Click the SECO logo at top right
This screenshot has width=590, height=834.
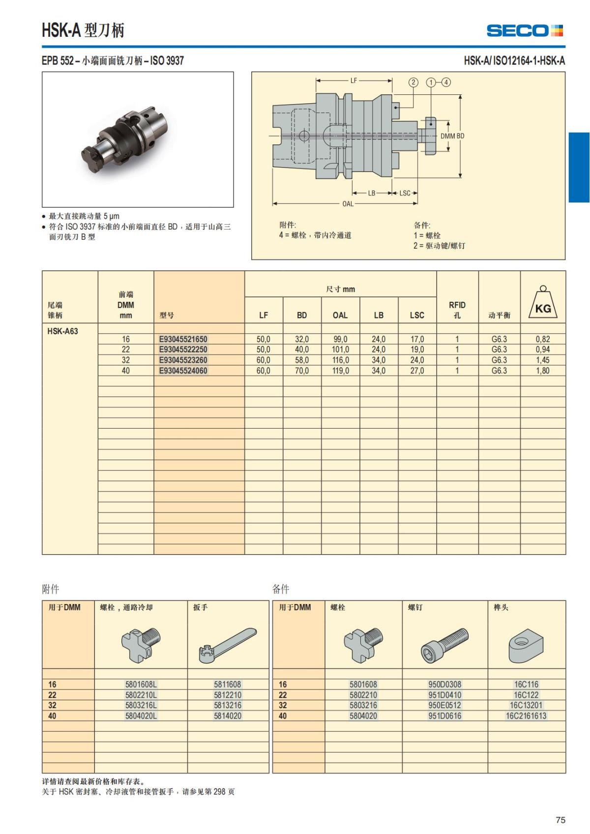click(x=524, y=30)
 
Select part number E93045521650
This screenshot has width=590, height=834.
click(x=183, y=339)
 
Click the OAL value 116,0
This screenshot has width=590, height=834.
click(x=340, y=360)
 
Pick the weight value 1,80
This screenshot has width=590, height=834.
click(x=543, y=371)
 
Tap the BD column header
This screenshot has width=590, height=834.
click(x=302, y=315)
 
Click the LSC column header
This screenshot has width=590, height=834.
click(x=417, y=315)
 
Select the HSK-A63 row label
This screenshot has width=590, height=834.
click(x=62, y=331)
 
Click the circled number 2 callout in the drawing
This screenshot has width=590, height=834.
click(x=413, y=83)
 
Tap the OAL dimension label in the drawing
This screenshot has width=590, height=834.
click(x=348, y=203)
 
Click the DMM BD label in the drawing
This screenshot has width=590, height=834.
click(x=452, y=136)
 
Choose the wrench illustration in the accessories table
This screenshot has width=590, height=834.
click(x=227, y=644)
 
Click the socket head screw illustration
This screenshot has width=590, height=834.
click(x=444, y=644)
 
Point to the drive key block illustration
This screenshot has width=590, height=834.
click(x=526, y=645)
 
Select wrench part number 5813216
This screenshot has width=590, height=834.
click(x=228, y=705)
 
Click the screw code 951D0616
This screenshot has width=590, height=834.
click(x=444, y=716)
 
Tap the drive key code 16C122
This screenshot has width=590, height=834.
click(x=526, y=695)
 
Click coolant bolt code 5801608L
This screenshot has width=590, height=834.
click(x=141, y=684)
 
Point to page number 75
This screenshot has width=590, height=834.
click(x=560, y=820)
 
